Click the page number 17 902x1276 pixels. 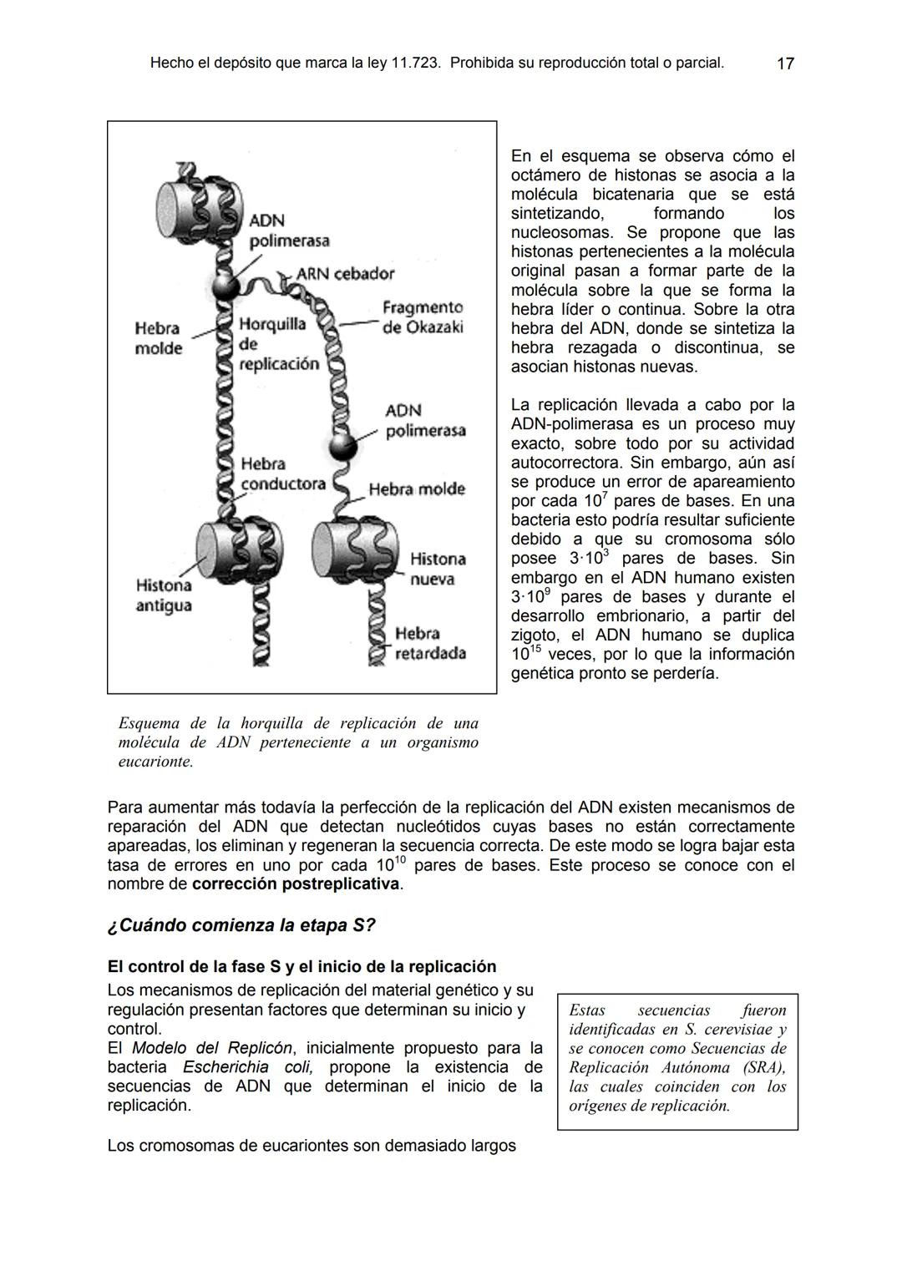(785, 63)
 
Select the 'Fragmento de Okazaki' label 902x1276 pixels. (422, 318)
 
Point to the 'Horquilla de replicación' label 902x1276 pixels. (278, 343)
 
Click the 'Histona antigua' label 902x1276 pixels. (164, 595)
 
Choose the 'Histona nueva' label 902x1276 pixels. (437, 569)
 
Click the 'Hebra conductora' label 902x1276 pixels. (282, 473)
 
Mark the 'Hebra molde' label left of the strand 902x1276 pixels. (158, 338)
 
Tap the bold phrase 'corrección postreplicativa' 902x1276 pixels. (296, 884)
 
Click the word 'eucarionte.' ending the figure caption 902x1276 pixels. (156, 762)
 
